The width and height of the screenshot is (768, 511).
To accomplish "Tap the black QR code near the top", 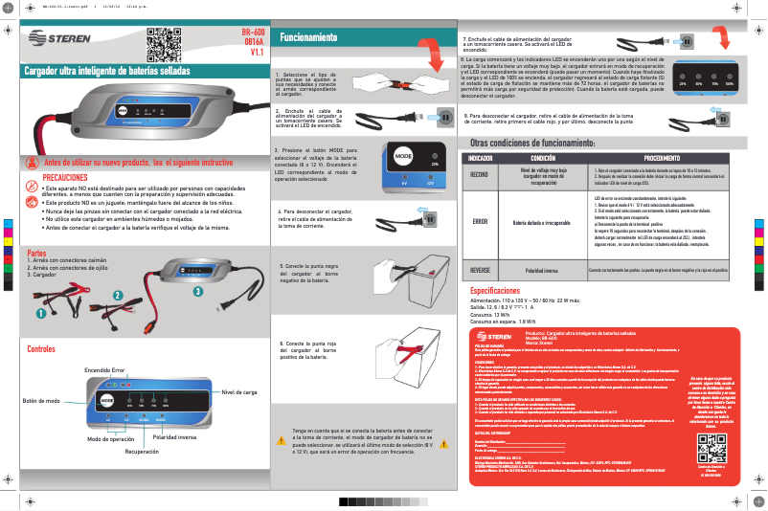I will click(162, 44).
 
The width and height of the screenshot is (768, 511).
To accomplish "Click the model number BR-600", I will click(251, 33).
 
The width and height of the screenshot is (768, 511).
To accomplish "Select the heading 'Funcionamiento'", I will click(307, 37).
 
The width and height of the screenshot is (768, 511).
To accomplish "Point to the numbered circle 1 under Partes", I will click(41, 313).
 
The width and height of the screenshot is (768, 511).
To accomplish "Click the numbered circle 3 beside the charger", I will click(197, 290).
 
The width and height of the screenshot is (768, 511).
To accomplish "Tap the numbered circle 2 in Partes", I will click(117, 296).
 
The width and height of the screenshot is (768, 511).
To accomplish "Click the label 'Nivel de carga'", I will click(239, 392).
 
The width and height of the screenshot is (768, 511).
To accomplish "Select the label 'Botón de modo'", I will click(41, 400).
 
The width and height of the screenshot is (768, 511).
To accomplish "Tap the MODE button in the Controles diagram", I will click(107, 399).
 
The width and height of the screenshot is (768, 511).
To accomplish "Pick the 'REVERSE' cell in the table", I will click(480, 271).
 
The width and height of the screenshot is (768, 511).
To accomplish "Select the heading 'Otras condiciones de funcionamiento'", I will click(540, 142).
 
